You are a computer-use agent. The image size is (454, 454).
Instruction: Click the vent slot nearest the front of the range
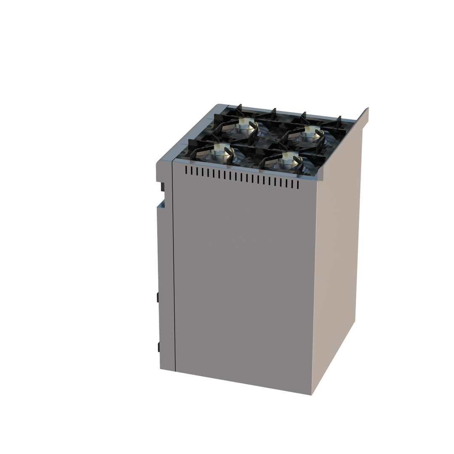point(186,170)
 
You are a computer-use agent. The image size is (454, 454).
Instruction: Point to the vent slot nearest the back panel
point(298,184)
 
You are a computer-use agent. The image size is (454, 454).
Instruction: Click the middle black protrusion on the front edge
point(158,297)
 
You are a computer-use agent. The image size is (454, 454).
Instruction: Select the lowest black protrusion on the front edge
point(158,347)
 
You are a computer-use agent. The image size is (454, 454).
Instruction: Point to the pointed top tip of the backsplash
point(367,109)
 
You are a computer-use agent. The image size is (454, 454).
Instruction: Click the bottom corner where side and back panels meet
point(311,394)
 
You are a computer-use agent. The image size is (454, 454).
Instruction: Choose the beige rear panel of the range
point(336,252)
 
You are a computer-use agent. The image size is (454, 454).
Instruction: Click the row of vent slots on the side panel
point(242,177)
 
